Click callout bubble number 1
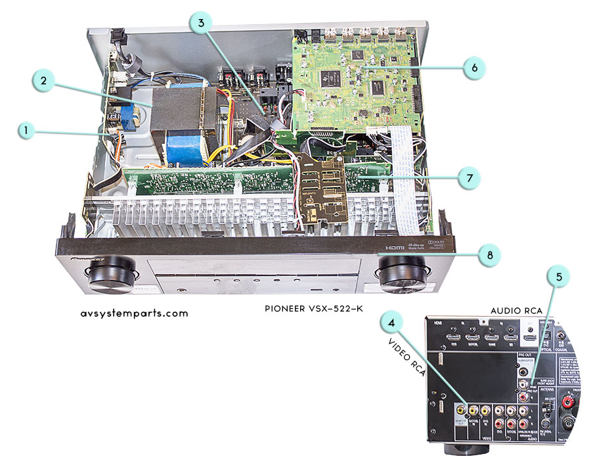[x=26, y=131]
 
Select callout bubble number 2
[x=43, y=81]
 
